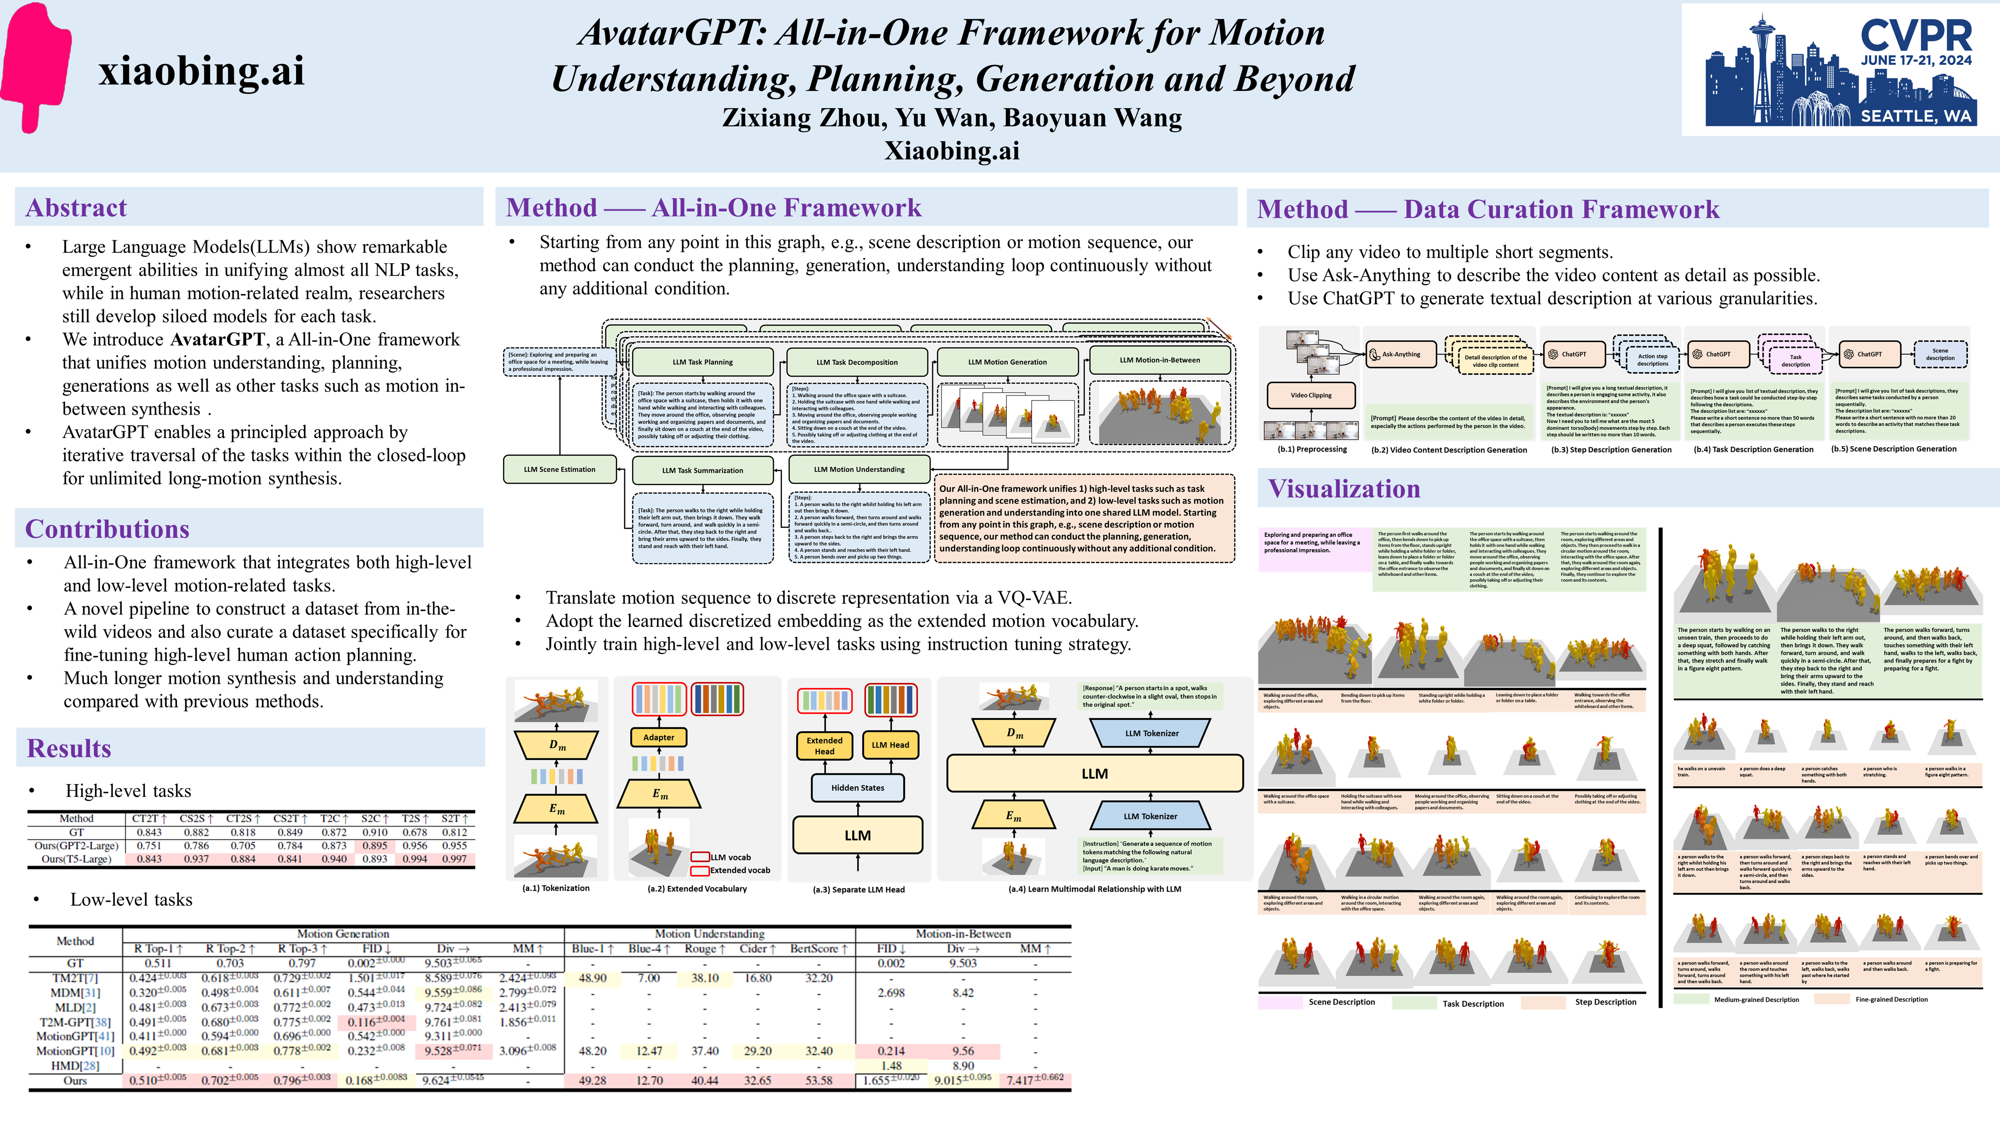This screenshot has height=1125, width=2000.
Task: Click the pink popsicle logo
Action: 35,66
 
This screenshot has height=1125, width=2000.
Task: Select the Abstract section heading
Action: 76,208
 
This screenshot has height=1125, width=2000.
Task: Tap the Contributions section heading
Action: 107,529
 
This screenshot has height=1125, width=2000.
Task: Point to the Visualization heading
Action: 1344,489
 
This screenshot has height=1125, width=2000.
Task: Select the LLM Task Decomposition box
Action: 856,362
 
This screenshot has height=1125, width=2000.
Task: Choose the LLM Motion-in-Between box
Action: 1159,360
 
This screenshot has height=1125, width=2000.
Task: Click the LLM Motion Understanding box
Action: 859,469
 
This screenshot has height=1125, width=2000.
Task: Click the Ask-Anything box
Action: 1401,354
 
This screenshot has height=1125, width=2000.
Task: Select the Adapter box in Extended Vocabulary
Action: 658,737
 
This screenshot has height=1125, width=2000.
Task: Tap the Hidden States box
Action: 857,787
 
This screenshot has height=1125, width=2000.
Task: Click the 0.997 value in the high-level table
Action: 454,859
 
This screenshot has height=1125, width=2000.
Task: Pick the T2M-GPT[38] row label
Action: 75,1022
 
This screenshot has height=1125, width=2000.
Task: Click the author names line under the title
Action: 952,117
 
